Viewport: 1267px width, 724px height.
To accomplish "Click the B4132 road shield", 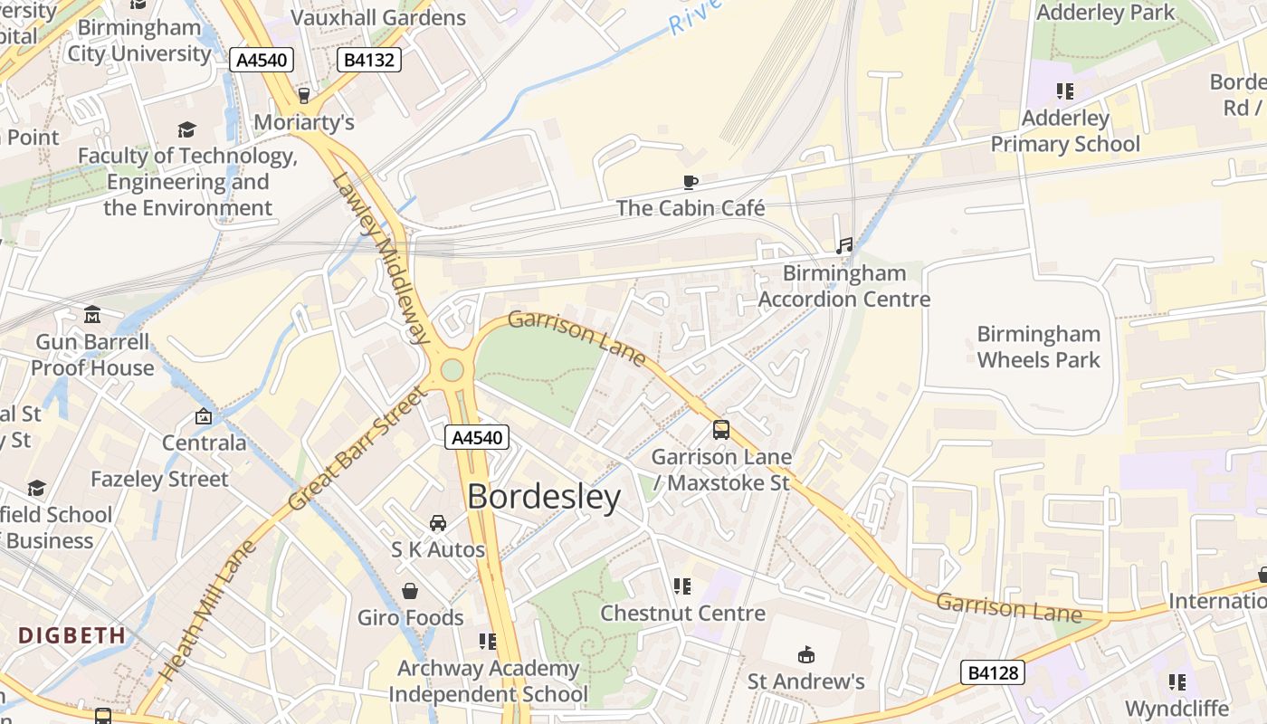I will [368, 61].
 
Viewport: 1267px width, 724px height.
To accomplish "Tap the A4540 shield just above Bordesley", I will [477, 438].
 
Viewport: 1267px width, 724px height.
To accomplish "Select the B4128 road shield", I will [993, 672].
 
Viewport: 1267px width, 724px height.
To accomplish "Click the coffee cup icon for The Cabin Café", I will [691, 182].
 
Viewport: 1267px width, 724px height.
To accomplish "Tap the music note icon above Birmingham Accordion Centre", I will [844, 246].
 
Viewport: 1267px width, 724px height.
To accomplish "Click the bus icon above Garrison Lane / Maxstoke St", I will [721, 430].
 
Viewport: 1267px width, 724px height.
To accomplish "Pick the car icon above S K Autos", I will [438, 523].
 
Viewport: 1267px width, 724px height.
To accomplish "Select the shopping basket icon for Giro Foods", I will [410, 591].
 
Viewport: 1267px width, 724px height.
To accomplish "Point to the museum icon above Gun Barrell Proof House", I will [92, 315].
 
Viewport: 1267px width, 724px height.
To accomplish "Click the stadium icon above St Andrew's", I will [805, 654].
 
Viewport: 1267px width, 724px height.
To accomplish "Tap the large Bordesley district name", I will [544, 497].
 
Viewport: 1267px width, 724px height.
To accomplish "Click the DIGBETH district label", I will [72, 635].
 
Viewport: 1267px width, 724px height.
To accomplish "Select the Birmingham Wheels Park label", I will [1038, 347].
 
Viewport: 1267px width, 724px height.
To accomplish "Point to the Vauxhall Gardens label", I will [378, 17].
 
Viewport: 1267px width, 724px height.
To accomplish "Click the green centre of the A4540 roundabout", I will [452, 370].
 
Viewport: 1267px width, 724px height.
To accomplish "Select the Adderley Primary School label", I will [1065, 131].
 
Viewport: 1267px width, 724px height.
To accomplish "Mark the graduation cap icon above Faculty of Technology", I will [186, 129].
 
